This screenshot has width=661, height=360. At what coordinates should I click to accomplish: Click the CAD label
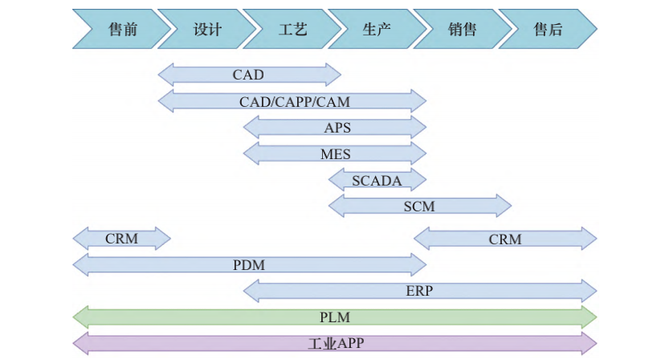pyautogui.click(x=248, y=76)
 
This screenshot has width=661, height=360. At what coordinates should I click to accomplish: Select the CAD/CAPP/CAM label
pyautogui.click(x=295, y=102)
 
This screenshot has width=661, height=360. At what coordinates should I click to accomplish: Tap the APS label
pyautogui.click(x=337, y=128)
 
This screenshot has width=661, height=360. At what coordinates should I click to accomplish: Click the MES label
pyautogui.click(x=336, y=154)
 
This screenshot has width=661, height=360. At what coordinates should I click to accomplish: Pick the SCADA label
pyautogui.click(x=377, y=181)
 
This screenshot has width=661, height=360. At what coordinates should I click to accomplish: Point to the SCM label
pyautogui.click(x=419, y=207)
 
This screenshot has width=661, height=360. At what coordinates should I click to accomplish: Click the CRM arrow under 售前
pyautogui.click(x=122, y=239)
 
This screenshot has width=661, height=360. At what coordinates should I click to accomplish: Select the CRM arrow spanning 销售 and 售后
pyautogui.click(x=505, y=239)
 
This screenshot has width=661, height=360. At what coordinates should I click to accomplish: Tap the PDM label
pyautogui.click(x=249, y=264)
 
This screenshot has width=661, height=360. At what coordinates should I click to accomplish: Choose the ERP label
pyautogui.click(x=419, y=291)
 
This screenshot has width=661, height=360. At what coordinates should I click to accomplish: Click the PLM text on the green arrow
pyautogui.click(x=335, y=317)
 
